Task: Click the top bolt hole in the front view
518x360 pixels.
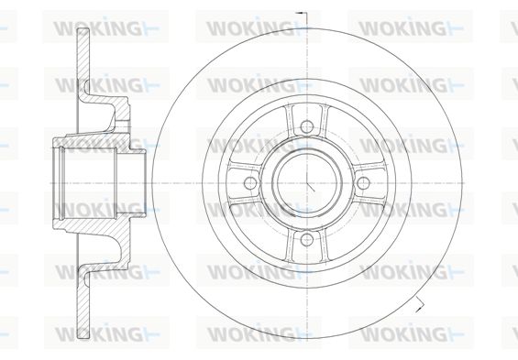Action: (x=307, y=126)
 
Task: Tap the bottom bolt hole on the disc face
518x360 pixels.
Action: (x=307, y=239)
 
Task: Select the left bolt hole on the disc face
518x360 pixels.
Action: (x=250, y=183)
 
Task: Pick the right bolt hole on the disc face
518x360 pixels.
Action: (x=363, y=183)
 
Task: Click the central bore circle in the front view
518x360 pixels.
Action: (x=307, y=183)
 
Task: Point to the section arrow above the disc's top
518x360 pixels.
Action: (x=302, y=13)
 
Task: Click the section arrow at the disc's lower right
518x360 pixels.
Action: (x=420, y=304)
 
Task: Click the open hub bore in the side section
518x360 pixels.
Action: (x=89, y=183)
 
